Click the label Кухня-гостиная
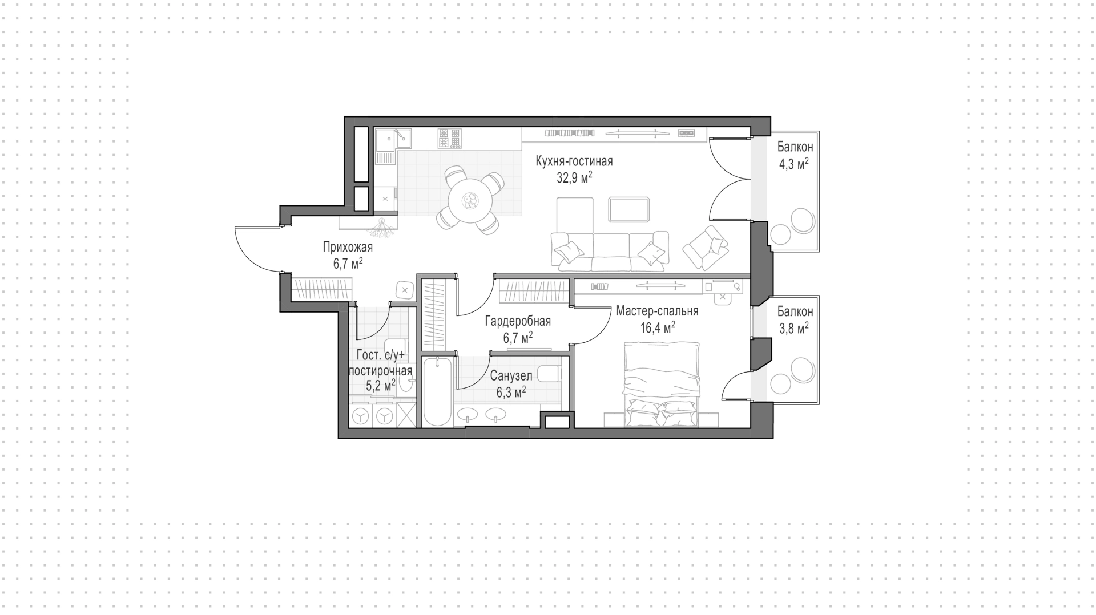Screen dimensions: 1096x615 [574, 161]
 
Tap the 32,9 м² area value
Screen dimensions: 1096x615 [574, 178]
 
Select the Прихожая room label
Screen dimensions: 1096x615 [348, 247]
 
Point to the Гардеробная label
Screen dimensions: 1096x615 [518, 321]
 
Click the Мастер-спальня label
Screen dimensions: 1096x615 [657, 311]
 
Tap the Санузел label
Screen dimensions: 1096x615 [511, 376]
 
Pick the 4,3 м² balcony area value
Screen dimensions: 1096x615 [794, 164]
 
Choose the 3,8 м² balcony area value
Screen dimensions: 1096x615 [794, 329]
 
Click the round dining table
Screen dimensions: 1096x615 [471, 200]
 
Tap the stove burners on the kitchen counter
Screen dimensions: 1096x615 [449, 138]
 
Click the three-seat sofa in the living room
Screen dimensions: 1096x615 [610, 251]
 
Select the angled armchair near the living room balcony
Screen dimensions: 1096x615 [706, 247]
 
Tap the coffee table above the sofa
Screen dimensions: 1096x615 [629, 209]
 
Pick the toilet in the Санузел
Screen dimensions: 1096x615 [550, 374]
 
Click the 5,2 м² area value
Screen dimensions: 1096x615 [381, 385]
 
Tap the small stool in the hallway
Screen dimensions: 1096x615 [405, 290]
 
